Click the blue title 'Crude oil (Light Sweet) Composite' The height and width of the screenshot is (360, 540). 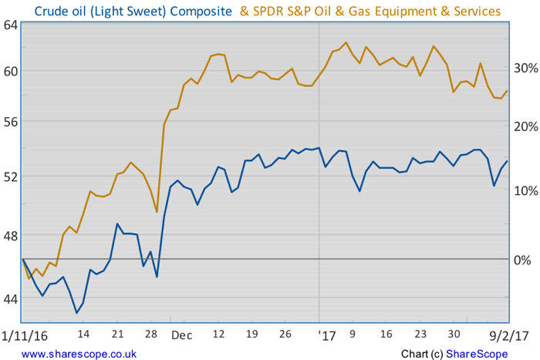point(133,11)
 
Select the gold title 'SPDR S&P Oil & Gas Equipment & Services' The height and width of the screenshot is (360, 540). point(370,11)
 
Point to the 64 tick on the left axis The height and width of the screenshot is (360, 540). point(10,25)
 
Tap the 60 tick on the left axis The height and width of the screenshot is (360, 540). point(10,71)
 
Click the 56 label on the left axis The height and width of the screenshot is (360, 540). point(10,122)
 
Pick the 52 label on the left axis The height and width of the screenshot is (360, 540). point(10,177)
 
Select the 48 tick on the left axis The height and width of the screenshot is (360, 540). point(10,235)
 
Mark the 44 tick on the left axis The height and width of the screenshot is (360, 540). point(10,298)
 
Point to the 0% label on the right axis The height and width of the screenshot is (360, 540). point(522,260)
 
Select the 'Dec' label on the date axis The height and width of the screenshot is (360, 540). point(182,335)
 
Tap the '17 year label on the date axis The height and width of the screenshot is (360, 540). point(327,335)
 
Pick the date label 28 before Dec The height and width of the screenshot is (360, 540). point(150,335)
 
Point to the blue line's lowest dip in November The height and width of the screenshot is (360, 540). point(76,313)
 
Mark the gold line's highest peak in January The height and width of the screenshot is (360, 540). point(345,42)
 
